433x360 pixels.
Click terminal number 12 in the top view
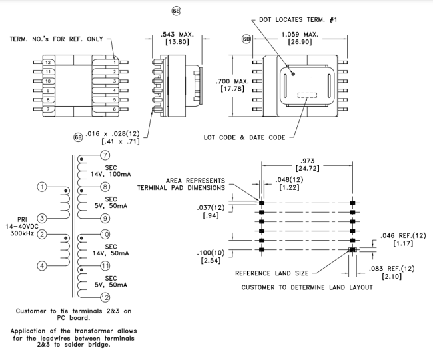(48, 63)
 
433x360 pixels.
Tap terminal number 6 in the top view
(115, 109)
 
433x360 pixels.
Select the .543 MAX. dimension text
(177, 35)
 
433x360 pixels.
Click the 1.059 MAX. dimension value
(300, 35)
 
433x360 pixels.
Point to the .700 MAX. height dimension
(232, 81)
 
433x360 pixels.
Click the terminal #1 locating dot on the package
(293, 74)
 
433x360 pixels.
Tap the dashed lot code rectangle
(307, 95)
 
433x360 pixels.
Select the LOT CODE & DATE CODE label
(244, 137)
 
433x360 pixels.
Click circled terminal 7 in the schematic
(105, 155)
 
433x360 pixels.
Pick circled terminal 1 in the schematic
(42, 187)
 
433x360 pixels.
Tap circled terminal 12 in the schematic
(105, 297)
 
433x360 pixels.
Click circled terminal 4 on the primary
(42, 266)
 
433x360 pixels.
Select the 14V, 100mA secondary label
(111, 175)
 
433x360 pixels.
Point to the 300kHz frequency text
(23, 233)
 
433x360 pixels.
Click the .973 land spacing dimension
(307, 161)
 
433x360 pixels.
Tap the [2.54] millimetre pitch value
(211, 260)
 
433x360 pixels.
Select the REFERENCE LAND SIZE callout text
(272, 273)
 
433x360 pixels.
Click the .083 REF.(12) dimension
(392, 269)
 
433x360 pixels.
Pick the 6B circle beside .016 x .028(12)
(78, 137)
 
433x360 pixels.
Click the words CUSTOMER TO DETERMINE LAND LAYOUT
(307, 287)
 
